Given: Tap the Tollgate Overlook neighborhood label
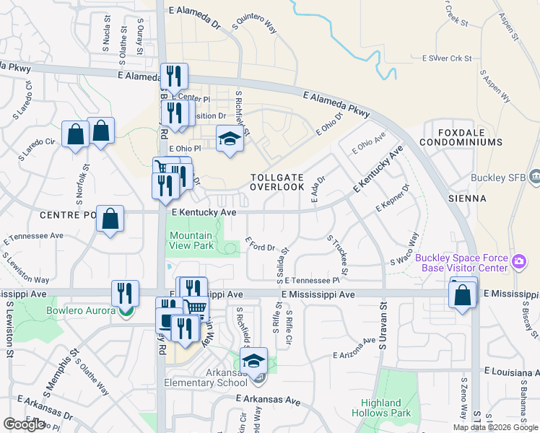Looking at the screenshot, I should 277,182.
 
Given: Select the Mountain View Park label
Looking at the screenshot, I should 191,240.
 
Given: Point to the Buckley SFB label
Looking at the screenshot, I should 491,177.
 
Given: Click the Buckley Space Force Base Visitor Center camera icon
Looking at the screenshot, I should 518,261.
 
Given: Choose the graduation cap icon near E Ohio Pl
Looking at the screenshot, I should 229,138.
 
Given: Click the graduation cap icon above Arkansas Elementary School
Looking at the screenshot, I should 253,360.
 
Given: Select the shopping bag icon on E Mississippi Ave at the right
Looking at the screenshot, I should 462,294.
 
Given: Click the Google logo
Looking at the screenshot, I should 24,424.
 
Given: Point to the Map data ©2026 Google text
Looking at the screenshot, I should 495,427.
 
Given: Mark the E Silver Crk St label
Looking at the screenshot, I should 446,58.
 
